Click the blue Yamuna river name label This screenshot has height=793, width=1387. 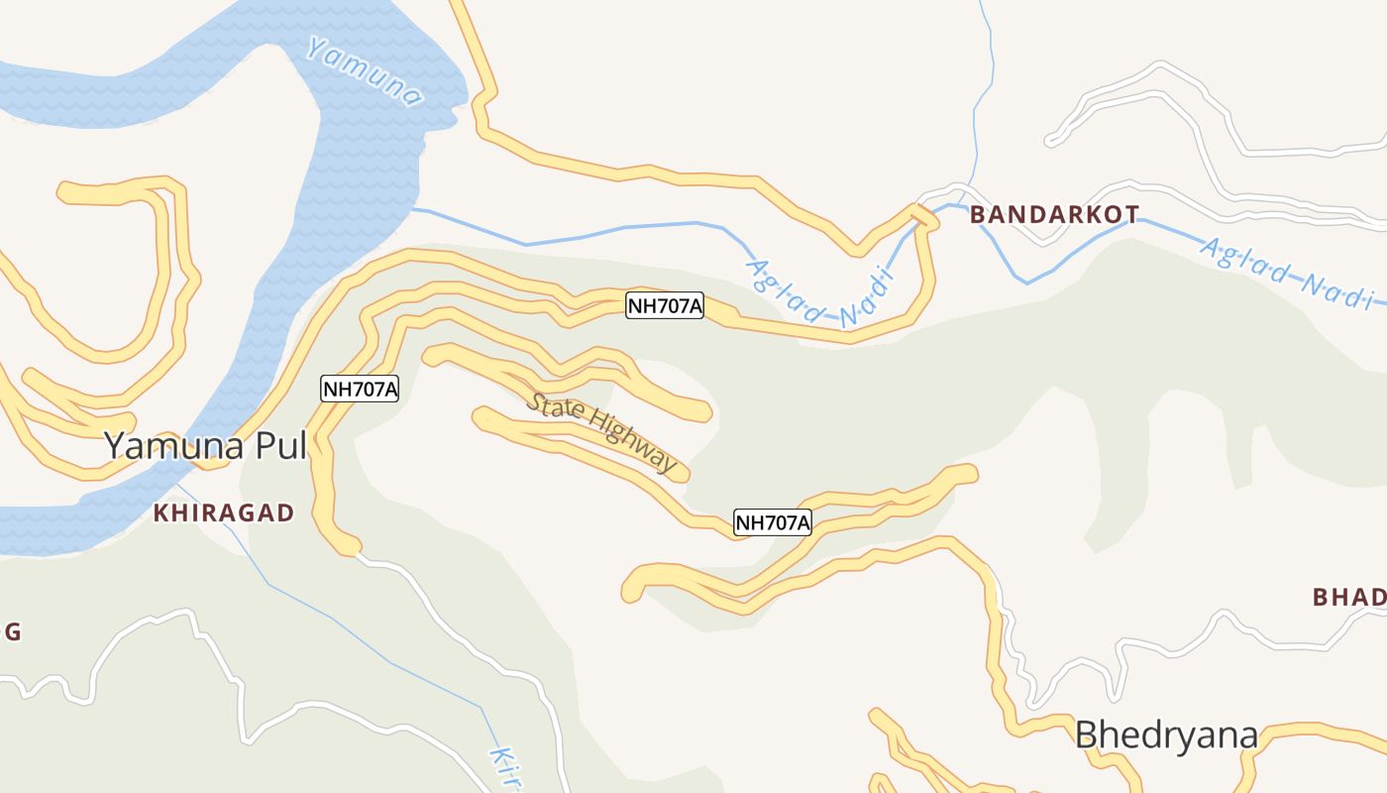(x=365, y=71)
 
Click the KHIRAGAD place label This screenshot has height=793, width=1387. (x=224, y=512)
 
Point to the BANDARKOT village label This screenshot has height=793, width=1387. (x=1054, y=214)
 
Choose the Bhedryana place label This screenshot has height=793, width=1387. (x=1166, y=736)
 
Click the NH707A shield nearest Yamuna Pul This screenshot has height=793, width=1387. (x=360, y=390)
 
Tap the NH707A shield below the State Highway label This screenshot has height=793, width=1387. (x=772, y=522)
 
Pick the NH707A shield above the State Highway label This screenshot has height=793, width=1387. (x=665, y=306)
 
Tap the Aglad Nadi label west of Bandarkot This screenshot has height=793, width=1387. (x=816, y=294)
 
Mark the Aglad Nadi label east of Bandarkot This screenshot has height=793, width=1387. (x=1287, y=273)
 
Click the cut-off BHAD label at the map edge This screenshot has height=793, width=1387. (x=1348, y=597)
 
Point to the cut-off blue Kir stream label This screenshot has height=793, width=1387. (x=505, y=767)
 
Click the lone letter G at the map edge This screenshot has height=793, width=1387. (x=13, y=631)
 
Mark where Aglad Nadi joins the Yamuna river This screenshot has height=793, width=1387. (x=414, y=209)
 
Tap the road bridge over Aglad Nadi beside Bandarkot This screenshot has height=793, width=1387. (x=923, y=215)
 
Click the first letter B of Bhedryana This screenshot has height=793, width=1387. (x=1087, y=736)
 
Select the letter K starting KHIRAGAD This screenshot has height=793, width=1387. (x=161, y=512)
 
